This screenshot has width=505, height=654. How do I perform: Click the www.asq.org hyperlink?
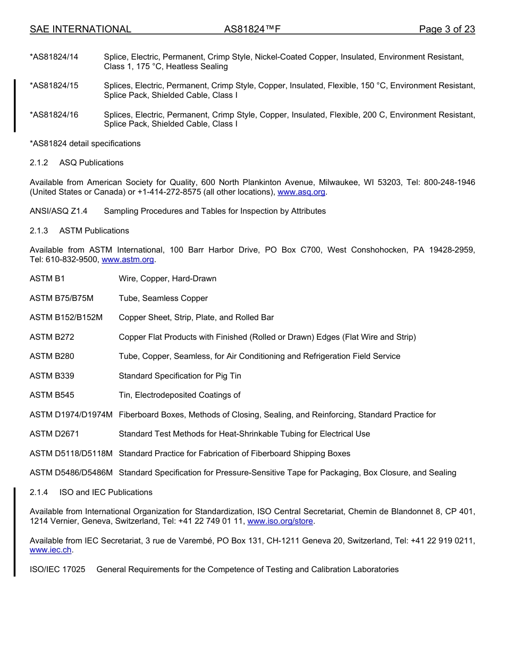coord(301,192)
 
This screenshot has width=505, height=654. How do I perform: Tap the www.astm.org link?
coord(128,259)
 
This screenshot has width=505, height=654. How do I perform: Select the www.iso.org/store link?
coord(280,521)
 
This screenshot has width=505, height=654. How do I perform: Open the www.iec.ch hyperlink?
coord(50,550)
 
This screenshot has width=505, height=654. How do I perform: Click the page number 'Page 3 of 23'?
coord(447,29)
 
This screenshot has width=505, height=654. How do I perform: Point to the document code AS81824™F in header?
coord(252,29)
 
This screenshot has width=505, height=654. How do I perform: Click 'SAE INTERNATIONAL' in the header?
coord(80,29)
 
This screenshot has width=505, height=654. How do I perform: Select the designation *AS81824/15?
coord(54,86)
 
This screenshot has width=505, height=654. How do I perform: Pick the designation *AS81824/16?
coord(54,115)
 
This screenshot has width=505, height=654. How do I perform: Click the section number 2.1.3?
coord(39,231)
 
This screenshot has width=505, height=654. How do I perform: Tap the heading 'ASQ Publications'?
coord(91,163)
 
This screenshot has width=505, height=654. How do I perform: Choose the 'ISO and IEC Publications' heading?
coord(106,492)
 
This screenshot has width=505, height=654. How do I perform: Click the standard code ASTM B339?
coord(52,376)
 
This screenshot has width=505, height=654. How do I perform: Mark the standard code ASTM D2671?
coord(54,434)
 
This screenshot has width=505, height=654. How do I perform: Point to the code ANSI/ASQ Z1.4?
coord(58,211)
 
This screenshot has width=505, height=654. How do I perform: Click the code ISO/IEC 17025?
coord(57,569)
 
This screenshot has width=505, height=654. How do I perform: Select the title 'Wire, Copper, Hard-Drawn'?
coord(167,279)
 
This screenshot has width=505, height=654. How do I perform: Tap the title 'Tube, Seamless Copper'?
coord(163,298)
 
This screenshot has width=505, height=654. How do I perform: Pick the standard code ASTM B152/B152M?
coord(66,317)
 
